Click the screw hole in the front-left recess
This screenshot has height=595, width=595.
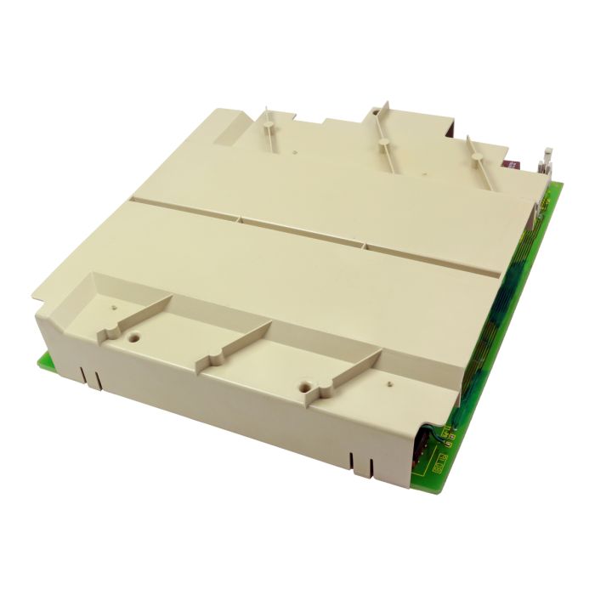point(134,337)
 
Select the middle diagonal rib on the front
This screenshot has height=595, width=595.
point(234,345)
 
